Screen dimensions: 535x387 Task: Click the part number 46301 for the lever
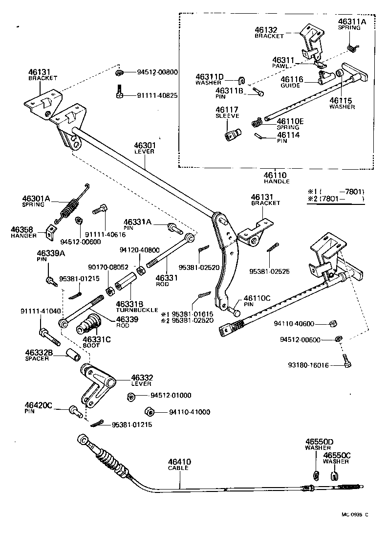point(144,145)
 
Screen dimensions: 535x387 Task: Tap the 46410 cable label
point(179,462)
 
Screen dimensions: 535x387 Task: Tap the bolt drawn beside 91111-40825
point(119,91)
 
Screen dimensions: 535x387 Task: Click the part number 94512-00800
point(158,72)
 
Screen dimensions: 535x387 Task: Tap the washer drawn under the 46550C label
point(335,475)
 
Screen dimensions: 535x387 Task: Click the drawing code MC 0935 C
point(355,514)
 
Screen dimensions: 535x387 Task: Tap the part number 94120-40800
point(139,249)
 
